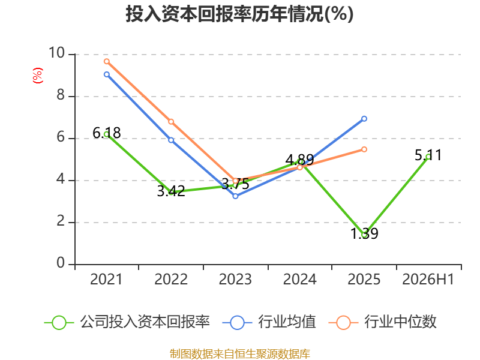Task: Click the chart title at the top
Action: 239,14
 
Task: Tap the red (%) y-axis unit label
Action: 38,76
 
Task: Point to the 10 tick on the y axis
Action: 57,53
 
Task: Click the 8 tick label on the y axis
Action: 61,95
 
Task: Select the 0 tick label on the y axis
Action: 61,263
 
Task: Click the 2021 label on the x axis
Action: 106,279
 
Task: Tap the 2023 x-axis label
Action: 235,279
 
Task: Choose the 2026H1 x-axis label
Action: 428,279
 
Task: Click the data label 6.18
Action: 107,133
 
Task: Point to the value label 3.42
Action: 171,191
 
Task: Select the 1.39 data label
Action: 364,233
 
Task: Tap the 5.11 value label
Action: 428,155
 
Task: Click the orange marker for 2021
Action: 107,61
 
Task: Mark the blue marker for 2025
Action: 364,118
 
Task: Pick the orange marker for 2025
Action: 364,149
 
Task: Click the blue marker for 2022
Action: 171,140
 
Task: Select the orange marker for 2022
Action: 171,122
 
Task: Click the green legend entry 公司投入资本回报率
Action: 127,322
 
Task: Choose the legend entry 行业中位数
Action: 382,322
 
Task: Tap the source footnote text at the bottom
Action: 239,354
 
